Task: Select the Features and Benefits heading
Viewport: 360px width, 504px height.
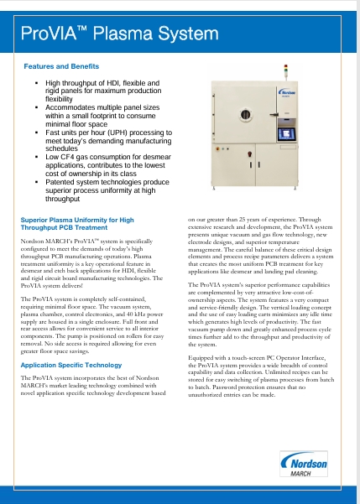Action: coord(57,65)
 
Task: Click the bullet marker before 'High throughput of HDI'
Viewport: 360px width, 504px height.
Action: coord(36,85)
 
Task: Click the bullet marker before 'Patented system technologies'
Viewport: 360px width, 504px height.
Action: coord(36,180)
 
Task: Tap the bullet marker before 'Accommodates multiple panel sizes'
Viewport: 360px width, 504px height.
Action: coord(36,109)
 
